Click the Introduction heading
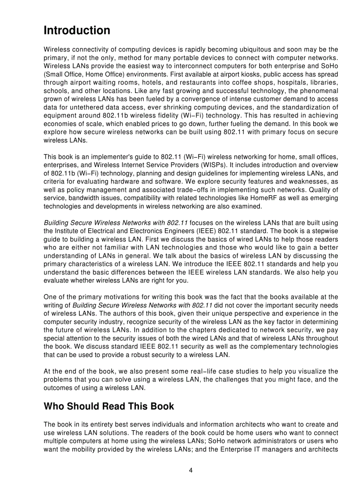click(x=77, y=31)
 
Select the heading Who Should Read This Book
click(x=109, y=406)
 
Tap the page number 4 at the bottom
click(x=191, y=470)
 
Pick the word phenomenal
click(x=318, y=91)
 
